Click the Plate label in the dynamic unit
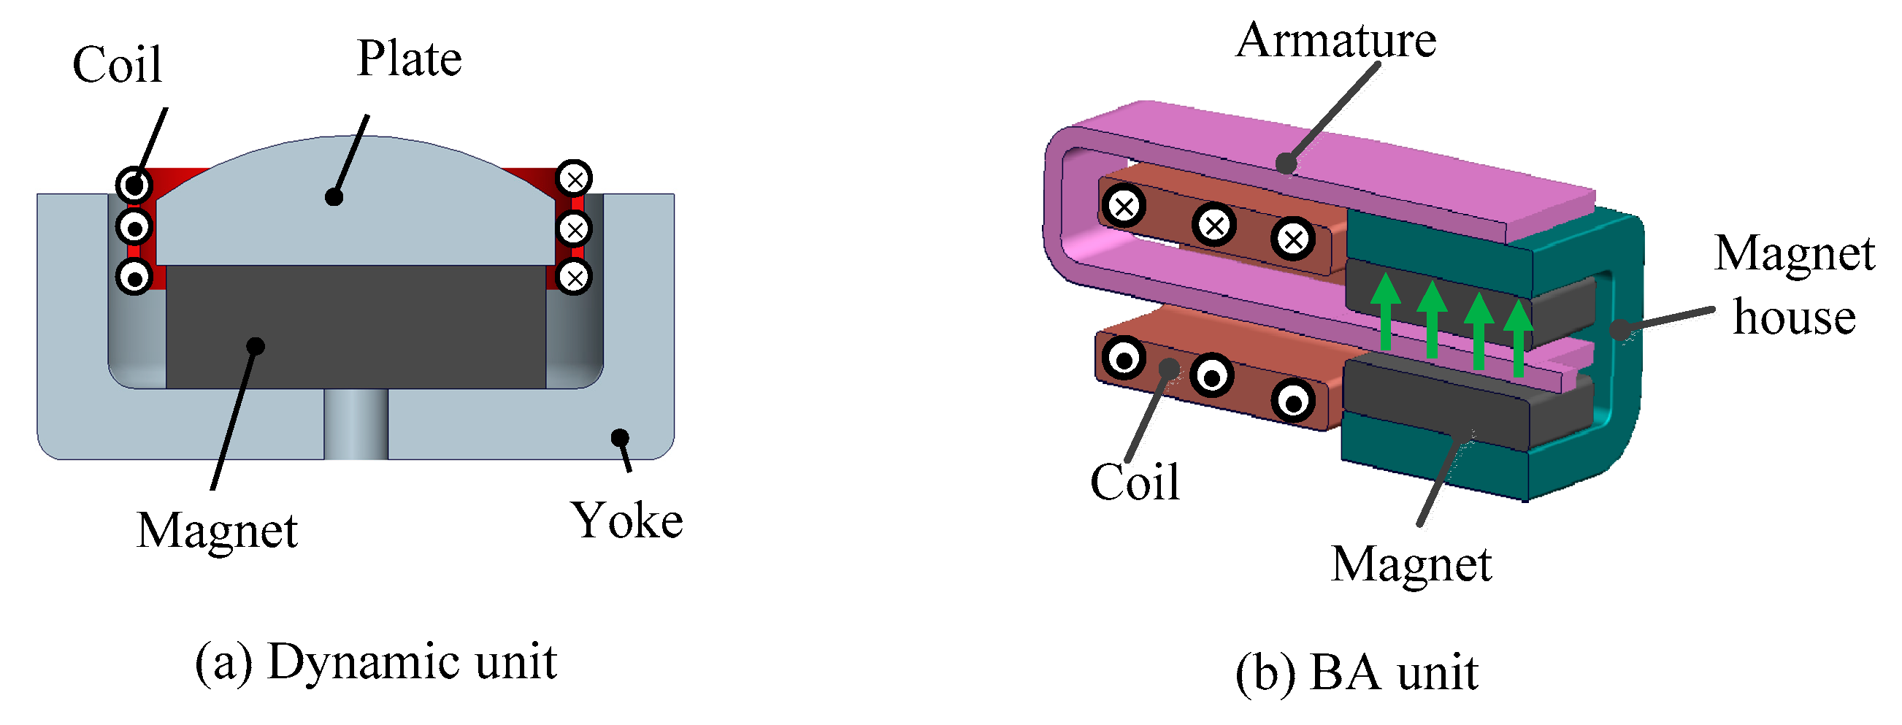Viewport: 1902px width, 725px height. click(x=409, y=58)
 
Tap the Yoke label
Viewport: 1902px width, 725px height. click(x=626, y=521)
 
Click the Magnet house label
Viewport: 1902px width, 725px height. click(x=1794, y=285)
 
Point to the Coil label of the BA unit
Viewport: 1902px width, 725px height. click(x=1135, y=483)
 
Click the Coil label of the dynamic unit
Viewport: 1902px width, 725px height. click(x=117, y=64)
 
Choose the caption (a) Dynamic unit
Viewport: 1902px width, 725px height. click(x=375, y=661)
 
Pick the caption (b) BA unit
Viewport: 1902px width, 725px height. click(x=1357, y=673)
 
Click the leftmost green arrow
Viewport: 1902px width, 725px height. click(x=1385, y=311)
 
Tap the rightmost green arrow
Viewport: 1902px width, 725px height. click(x=1518, y=337)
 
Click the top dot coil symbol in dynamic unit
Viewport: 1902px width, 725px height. click(x=134, y=185)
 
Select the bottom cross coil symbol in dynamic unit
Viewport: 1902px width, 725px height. click(x=575, y=278)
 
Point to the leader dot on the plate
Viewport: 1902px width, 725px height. click(x=334, y=197)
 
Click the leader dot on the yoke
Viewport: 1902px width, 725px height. click(x=620, y=437)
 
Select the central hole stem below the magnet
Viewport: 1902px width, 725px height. click(x=356, y=423)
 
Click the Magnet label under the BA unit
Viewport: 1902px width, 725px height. click(x=1411, y=565)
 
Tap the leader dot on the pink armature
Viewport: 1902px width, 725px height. click(x=1286, y=163)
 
